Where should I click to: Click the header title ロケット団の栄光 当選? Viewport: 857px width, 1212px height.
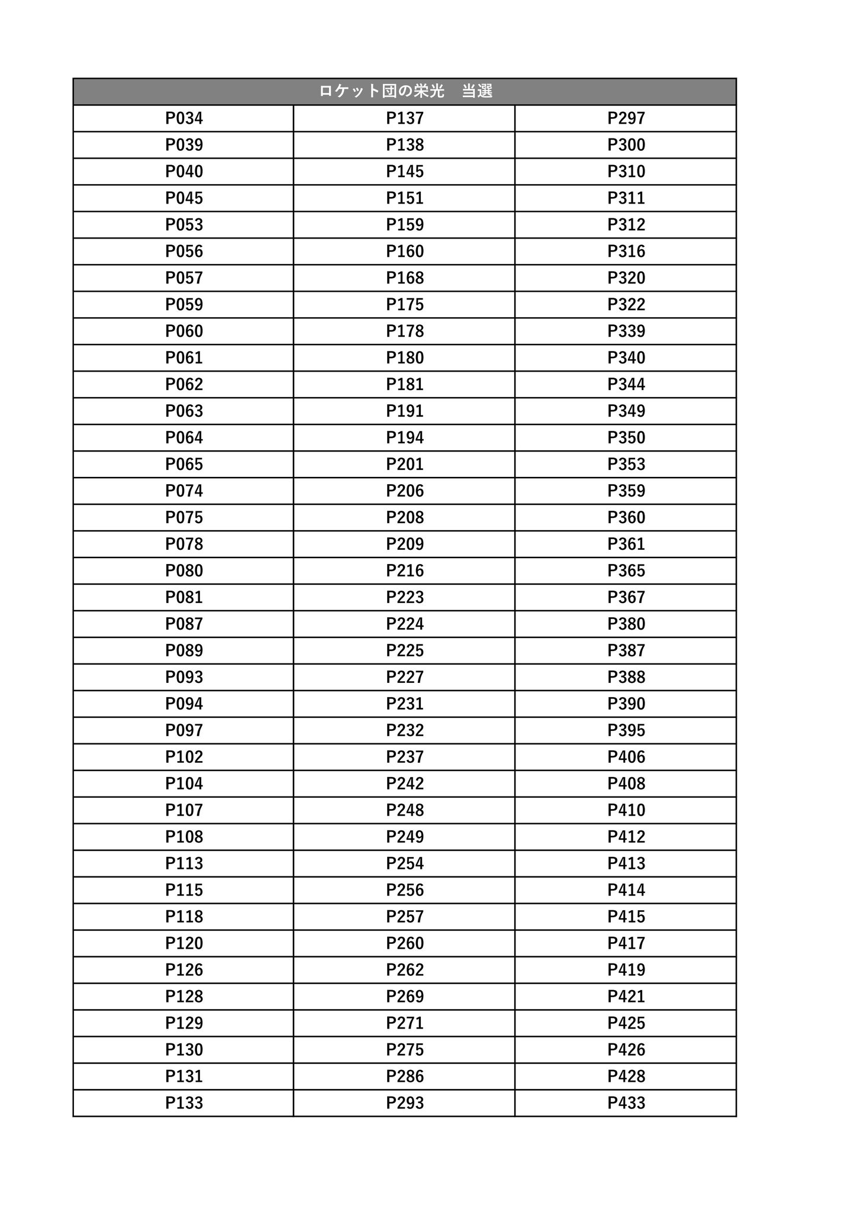click(x=405, y=91)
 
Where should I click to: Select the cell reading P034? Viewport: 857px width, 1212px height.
click(x=184, y=118)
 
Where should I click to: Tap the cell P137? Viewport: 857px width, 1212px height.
click(x=405, y=118)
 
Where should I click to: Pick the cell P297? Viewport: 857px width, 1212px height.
click(x=626, y=118)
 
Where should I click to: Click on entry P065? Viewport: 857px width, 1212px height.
click(x=184, y=465)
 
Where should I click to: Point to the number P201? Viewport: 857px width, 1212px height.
click(x=405, y=465)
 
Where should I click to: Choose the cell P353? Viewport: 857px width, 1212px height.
click(x=626, y=465)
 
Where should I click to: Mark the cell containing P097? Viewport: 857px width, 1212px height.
click(x=184, y=730)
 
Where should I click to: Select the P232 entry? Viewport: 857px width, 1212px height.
click(x=405, y=730)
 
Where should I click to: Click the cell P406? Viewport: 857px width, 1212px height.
click(x=626, y=757)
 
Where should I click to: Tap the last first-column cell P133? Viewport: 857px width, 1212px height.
click(x=184, y=1103)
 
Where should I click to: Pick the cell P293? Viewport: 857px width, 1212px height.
click(x=405, y=1103)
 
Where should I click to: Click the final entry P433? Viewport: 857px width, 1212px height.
click(x=626, y=1103)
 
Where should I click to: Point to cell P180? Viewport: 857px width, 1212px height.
click(x=405, y=358)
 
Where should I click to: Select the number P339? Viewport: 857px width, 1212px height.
click(x=626, y=331)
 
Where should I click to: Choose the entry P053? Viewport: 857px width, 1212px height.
click(x=184, y=225)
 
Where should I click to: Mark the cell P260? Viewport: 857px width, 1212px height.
click(x=405, y=943)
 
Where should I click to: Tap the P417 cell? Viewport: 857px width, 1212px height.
click(x=626, y=943)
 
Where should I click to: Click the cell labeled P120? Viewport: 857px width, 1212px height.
click(x=184, y=943)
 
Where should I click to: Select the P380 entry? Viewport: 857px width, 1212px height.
click(x=626, y=624)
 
